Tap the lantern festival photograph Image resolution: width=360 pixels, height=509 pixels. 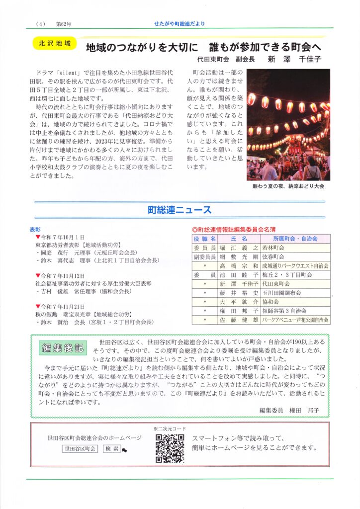288,125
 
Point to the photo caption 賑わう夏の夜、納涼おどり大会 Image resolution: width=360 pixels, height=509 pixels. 288,186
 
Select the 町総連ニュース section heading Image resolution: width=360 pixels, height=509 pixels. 180,210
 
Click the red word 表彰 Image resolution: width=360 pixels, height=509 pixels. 35,230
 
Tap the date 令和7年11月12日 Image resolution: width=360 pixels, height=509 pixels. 64,275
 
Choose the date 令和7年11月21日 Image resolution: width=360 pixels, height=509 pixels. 64,307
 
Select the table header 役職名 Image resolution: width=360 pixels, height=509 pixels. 204,239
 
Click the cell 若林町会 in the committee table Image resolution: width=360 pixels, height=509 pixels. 274,248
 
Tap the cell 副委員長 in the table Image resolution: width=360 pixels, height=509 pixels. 204,257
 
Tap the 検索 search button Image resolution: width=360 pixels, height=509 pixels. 111,448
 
